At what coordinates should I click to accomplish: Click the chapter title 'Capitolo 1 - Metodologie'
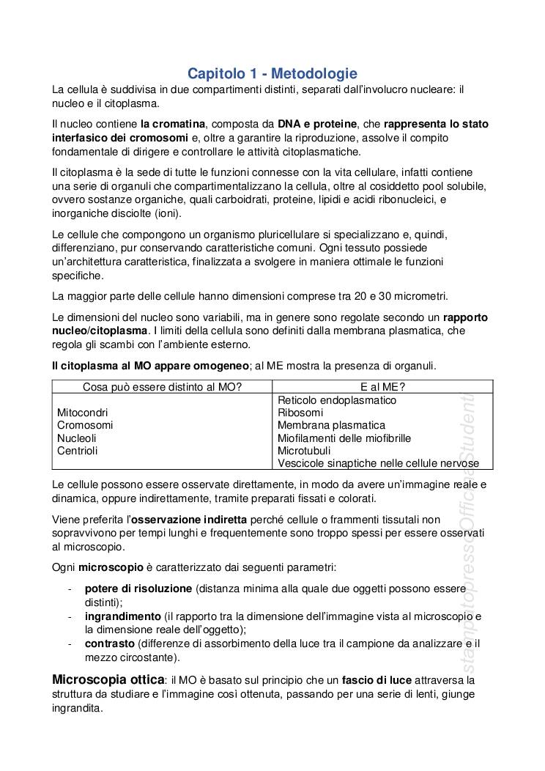pyautogui.click(x=272, y=73)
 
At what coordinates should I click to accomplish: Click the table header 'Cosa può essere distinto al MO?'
pyautogui.click(x=162, y=386)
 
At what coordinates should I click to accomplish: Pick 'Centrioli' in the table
pyautogui.click(x=78, y=451)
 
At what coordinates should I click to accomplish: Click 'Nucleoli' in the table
pyautogui.click(x=77, y=438)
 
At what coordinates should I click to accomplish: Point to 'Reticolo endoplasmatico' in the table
pyautogui.click(x=337, y=400)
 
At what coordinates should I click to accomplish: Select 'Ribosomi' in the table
pyautogui.click(x=300, y=413)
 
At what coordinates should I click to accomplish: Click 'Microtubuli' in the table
pyautogui.click(x=304, y=451)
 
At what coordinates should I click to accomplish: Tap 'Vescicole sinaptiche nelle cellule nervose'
pyautogui.click(x=378, y=463)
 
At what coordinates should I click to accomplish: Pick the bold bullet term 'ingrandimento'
pyautogui.click(x=122, y=616)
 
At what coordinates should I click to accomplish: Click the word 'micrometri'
pyautogui.click(x=420, y=296)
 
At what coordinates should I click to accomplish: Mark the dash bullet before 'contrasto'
pyautogui.click(x=69, y=643)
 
